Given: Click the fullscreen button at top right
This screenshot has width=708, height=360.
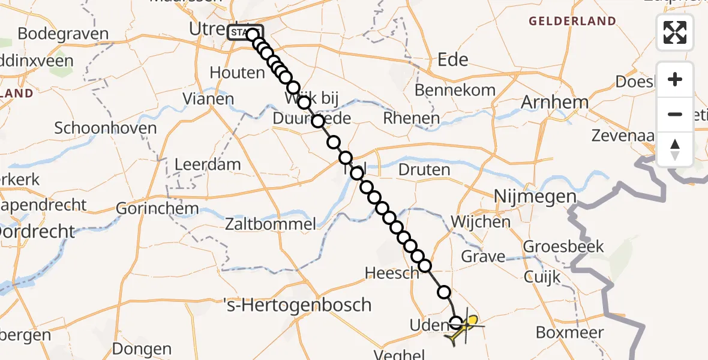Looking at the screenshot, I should (675, 32).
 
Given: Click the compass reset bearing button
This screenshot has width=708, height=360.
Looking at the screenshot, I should (675, 149).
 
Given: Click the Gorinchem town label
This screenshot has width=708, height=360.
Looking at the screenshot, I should (157, 209).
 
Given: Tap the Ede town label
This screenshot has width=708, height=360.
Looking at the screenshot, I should (453, 59).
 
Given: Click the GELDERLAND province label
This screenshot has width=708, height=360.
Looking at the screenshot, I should (572, 22).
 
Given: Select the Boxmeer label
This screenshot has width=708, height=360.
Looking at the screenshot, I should (569, 332).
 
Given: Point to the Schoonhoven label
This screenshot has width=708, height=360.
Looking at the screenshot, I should (105, 128).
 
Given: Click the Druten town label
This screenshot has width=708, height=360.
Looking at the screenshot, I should (424, 170).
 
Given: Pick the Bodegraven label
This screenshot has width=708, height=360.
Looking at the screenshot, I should (63, 34).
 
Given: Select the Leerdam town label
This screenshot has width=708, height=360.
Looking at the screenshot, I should (208, 164).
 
